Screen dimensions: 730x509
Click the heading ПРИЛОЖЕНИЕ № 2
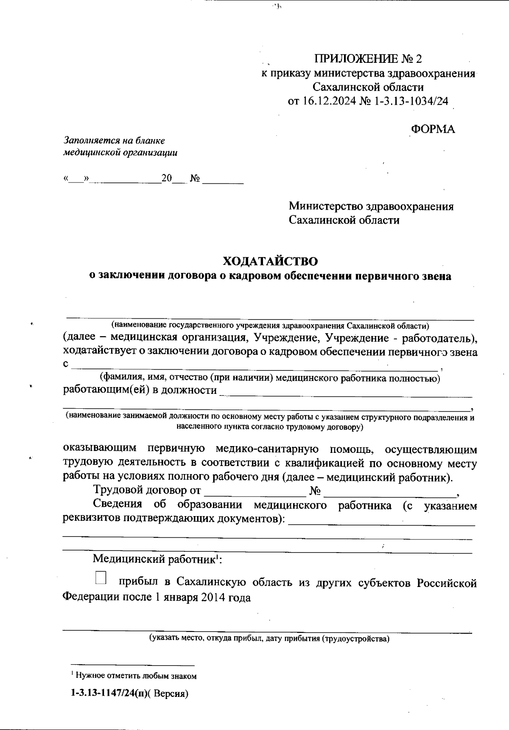(368, 59)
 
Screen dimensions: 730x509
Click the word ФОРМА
(433, 129)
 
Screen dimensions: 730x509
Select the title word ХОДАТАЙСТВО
(270, 261)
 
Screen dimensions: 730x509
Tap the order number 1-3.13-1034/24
(411, 101)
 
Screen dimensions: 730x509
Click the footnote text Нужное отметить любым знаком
(136, 676)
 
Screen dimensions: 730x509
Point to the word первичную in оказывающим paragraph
(176, 449)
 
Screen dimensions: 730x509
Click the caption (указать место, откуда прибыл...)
(268, 638)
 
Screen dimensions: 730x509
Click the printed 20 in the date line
(166, 179)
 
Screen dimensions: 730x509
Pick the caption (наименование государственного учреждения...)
(270, 326)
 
